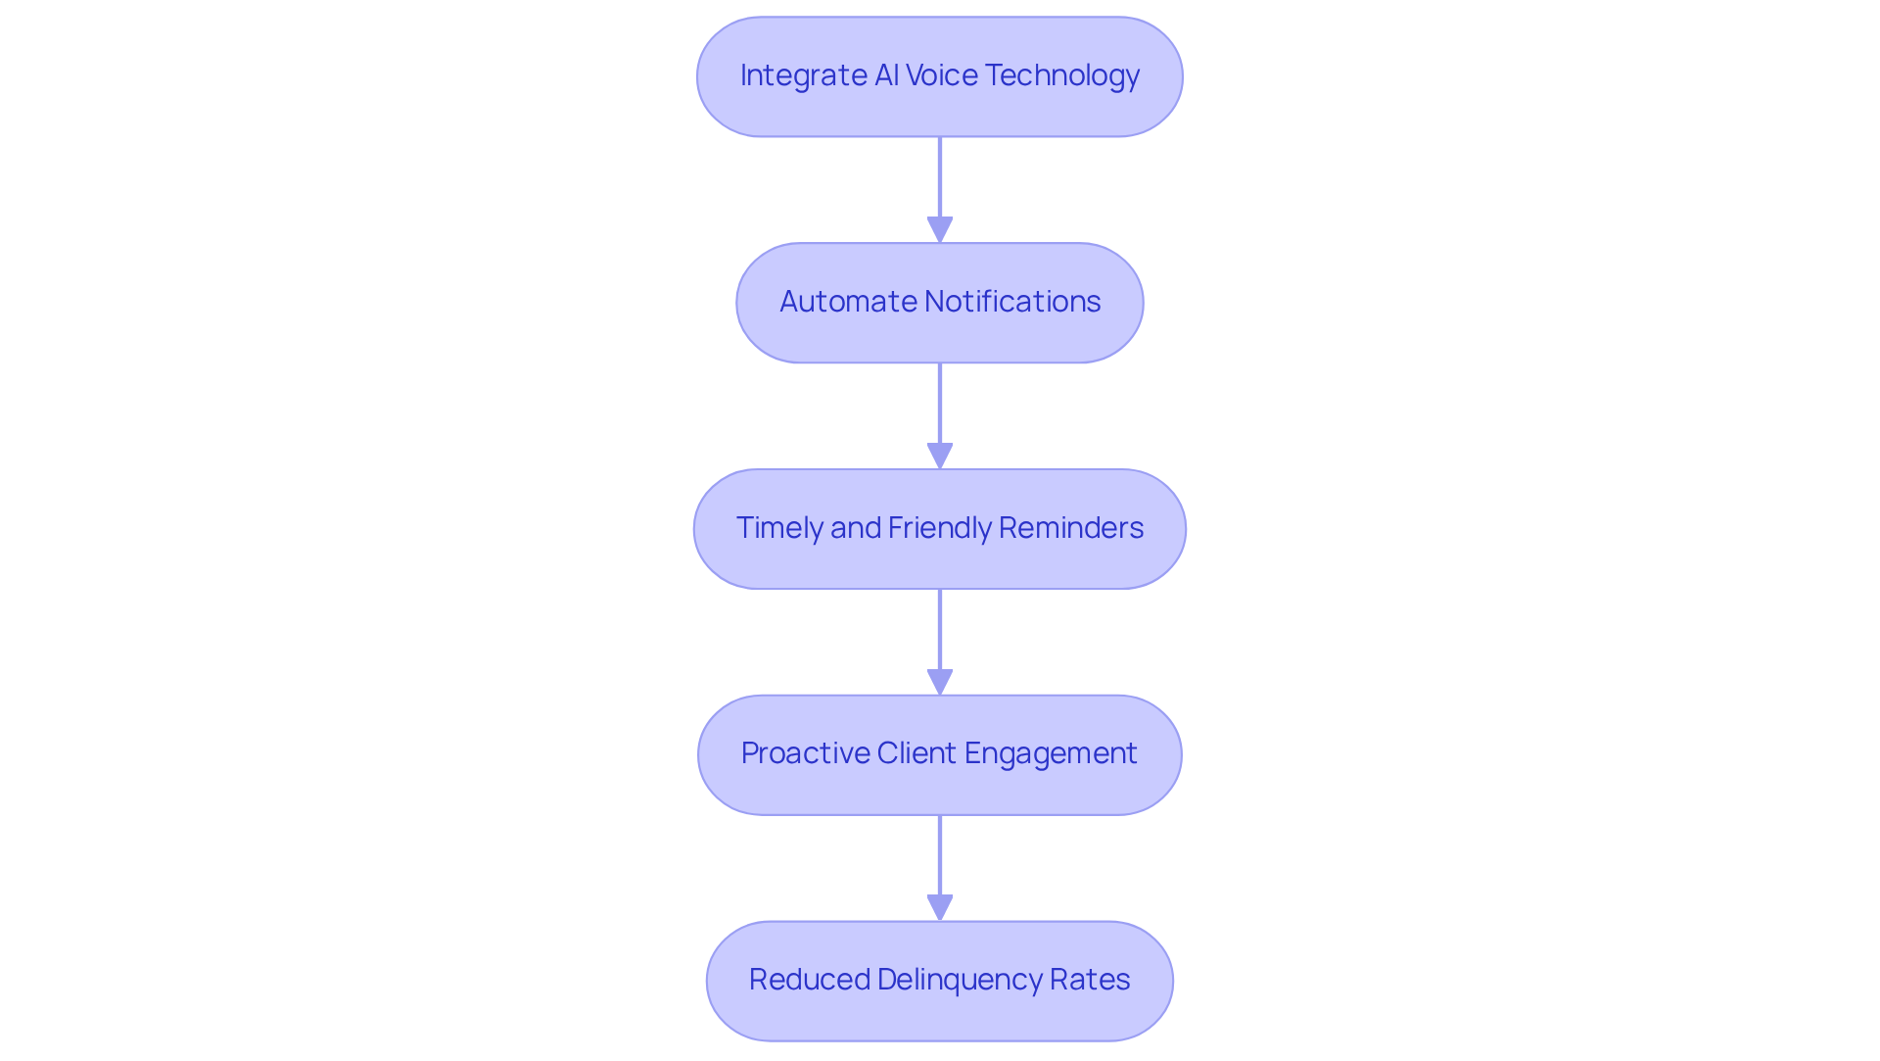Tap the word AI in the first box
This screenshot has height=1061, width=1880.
(x=886, y=75)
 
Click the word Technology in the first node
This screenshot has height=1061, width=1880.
(x=1061, y=75)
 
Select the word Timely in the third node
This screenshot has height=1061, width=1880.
(x=779, y=528)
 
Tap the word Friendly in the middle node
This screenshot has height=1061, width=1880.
(x=939, y=528)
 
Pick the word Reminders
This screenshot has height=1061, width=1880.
(x=1070, y=528)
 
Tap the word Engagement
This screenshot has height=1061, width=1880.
(x=1051, y=753)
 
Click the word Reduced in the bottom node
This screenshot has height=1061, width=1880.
(x=809, y=980)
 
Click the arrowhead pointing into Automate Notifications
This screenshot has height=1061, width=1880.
(x=940, y=229)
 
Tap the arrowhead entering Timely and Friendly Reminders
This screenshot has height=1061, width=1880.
(x=940, y=456)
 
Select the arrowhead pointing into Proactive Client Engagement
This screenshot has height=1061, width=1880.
(x=940, y=682)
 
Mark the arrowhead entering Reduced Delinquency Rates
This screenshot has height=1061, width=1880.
(x=940, y=907)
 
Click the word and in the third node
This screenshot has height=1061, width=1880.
(x=856, y=528)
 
